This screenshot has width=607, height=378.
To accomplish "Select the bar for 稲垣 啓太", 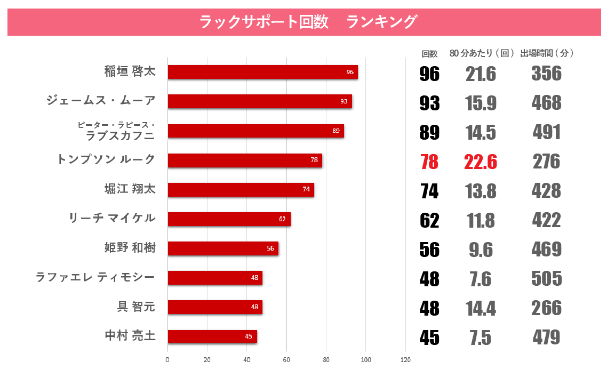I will [262, 72].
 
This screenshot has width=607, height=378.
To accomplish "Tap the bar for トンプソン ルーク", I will [244, 160].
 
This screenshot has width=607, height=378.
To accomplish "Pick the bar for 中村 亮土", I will [212, 336].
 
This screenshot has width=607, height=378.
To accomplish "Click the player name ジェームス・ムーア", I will [101, 100].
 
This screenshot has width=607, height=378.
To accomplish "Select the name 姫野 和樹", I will [130, 247].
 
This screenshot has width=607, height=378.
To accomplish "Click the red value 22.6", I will [481, 162].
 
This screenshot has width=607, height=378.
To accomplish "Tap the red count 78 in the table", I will [429, 162].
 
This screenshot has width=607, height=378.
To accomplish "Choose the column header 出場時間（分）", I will [547, 53].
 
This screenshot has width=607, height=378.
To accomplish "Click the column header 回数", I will [429, 53].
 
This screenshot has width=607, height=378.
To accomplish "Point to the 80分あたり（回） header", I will [482, 53].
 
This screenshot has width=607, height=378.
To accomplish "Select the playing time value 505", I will [547, 278].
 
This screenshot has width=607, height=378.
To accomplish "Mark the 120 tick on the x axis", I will [405, 360].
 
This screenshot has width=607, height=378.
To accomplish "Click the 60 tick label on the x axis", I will [286, 360].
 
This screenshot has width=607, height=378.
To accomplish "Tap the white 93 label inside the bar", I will [344, 101].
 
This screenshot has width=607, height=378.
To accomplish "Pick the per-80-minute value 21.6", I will [481, 74].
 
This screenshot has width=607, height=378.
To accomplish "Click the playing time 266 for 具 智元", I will [547, 308].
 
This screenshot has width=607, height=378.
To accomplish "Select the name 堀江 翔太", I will [130, 189].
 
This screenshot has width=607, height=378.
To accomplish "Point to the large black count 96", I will [429, 74].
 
